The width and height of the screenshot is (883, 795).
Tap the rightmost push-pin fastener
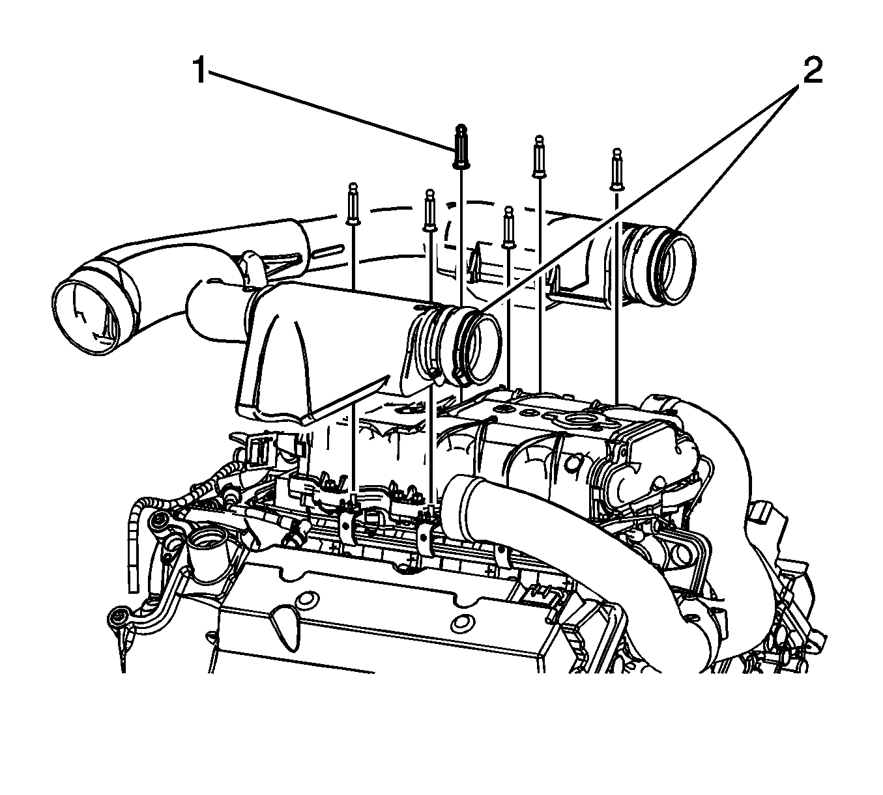(x=617, y=169)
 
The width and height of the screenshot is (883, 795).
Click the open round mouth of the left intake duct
(x=85, y=316)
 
